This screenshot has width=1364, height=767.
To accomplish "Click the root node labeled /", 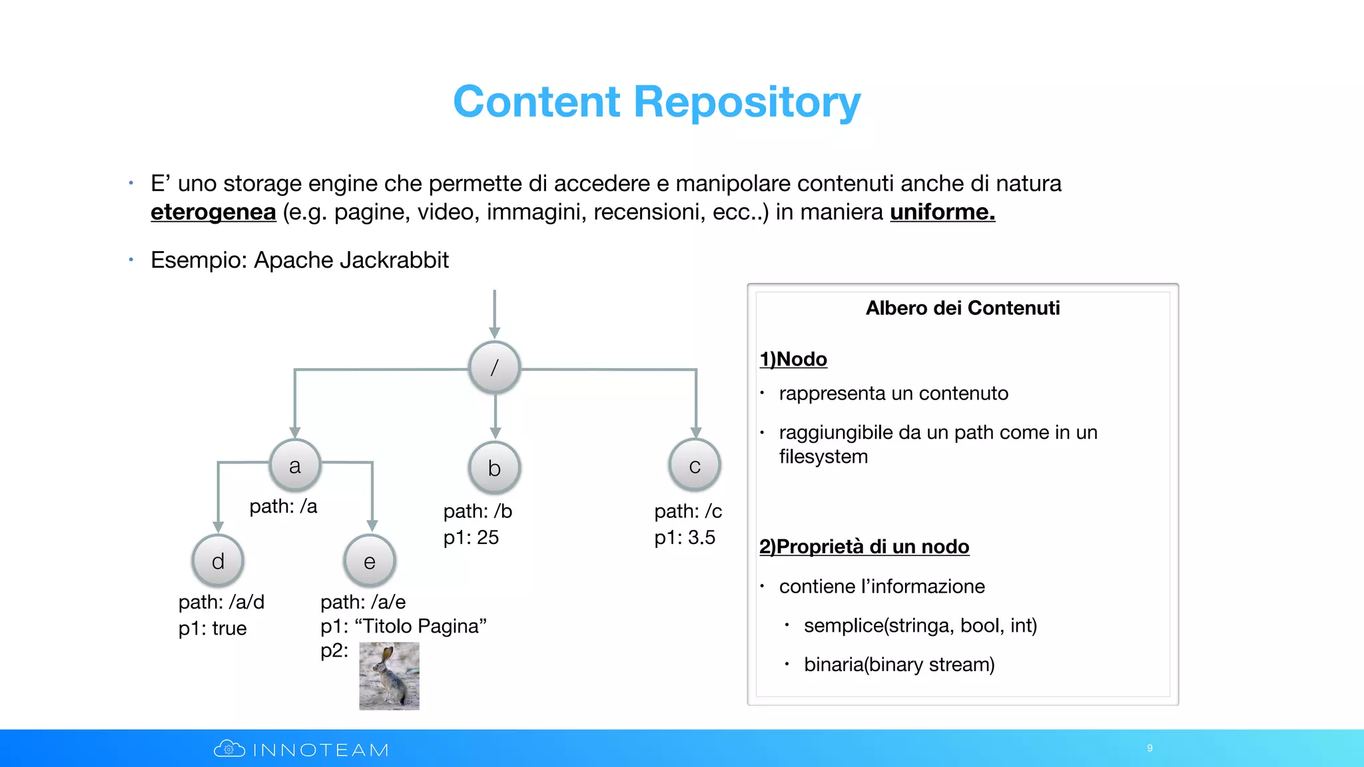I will tap(494, 368).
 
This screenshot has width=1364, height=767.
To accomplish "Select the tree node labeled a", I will tap(295, 465).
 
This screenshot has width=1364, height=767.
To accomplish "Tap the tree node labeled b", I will tap(494, 467).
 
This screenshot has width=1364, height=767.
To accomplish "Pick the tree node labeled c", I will tap(695, 465).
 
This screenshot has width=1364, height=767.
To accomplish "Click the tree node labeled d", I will tap(218, 561).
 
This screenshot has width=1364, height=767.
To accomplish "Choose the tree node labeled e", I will tap(370, 561).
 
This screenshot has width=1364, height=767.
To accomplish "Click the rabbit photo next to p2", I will tap(389, 676).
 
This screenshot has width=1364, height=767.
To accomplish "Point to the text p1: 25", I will tap(471, 537).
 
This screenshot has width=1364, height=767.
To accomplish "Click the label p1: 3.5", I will tap(685, 537).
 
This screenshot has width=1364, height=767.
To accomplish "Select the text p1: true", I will tap(212, 628).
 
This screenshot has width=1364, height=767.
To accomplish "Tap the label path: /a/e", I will tap(363, 602).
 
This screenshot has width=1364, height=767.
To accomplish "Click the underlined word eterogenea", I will tap(213, 212).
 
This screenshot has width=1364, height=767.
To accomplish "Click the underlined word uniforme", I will tap(942, 212).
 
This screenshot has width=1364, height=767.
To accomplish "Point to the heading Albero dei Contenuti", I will tap(962, 308).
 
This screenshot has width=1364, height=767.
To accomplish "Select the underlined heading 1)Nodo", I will tap(793, 359).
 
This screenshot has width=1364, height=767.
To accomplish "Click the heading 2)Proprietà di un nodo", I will tap(864, 547).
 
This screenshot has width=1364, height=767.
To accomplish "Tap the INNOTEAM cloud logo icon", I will tap(229, 749).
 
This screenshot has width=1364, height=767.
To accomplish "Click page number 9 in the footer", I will tap(1150, 748).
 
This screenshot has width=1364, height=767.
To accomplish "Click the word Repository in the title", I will tap(747, 102).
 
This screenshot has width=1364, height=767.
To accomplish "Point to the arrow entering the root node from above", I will tap(494, 313).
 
